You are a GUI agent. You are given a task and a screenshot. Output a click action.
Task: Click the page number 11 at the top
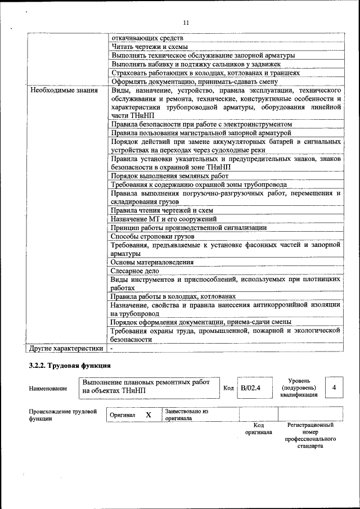186,22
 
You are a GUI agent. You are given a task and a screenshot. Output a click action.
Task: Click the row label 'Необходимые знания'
64,90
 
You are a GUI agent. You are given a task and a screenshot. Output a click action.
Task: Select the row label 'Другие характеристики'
66,348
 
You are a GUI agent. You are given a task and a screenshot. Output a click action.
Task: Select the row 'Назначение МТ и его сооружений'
164,219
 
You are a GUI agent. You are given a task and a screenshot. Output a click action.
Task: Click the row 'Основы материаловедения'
152,262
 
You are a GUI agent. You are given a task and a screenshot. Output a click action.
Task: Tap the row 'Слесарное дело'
135,271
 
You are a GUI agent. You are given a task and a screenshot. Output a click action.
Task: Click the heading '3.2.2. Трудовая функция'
69,366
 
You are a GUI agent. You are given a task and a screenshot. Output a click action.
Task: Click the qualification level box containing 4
334,388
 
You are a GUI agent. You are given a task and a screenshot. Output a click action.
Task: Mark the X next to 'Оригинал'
148,415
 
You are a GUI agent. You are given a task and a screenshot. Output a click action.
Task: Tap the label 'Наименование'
48,389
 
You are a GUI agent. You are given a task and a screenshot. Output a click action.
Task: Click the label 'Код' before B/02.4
228,388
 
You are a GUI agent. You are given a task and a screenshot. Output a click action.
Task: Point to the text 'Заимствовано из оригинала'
186,415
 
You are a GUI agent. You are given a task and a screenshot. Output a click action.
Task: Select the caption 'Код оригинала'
259,429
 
